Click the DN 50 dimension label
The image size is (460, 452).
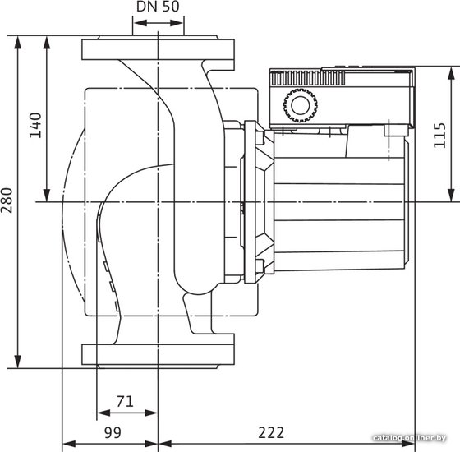[x=158, y=7]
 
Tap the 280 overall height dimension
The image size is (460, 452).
[x=7, y=201]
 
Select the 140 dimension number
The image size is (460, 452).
[x=35, y=125]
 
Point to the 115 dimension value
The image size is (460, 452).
[x=439, y=136]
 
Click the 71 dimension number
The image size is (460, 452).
[x=125, y=401]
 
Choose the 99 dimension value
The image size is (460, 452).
[x=113, y=432]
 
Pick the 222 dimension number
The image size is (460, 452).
[x=271, y=432]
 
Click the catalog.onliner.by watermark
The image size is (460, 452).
[x=410, y=438]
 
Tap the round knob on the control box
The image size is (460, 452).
[x=301, y=106]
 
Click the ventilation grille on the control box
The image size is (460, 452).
[x=308, y=78]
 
